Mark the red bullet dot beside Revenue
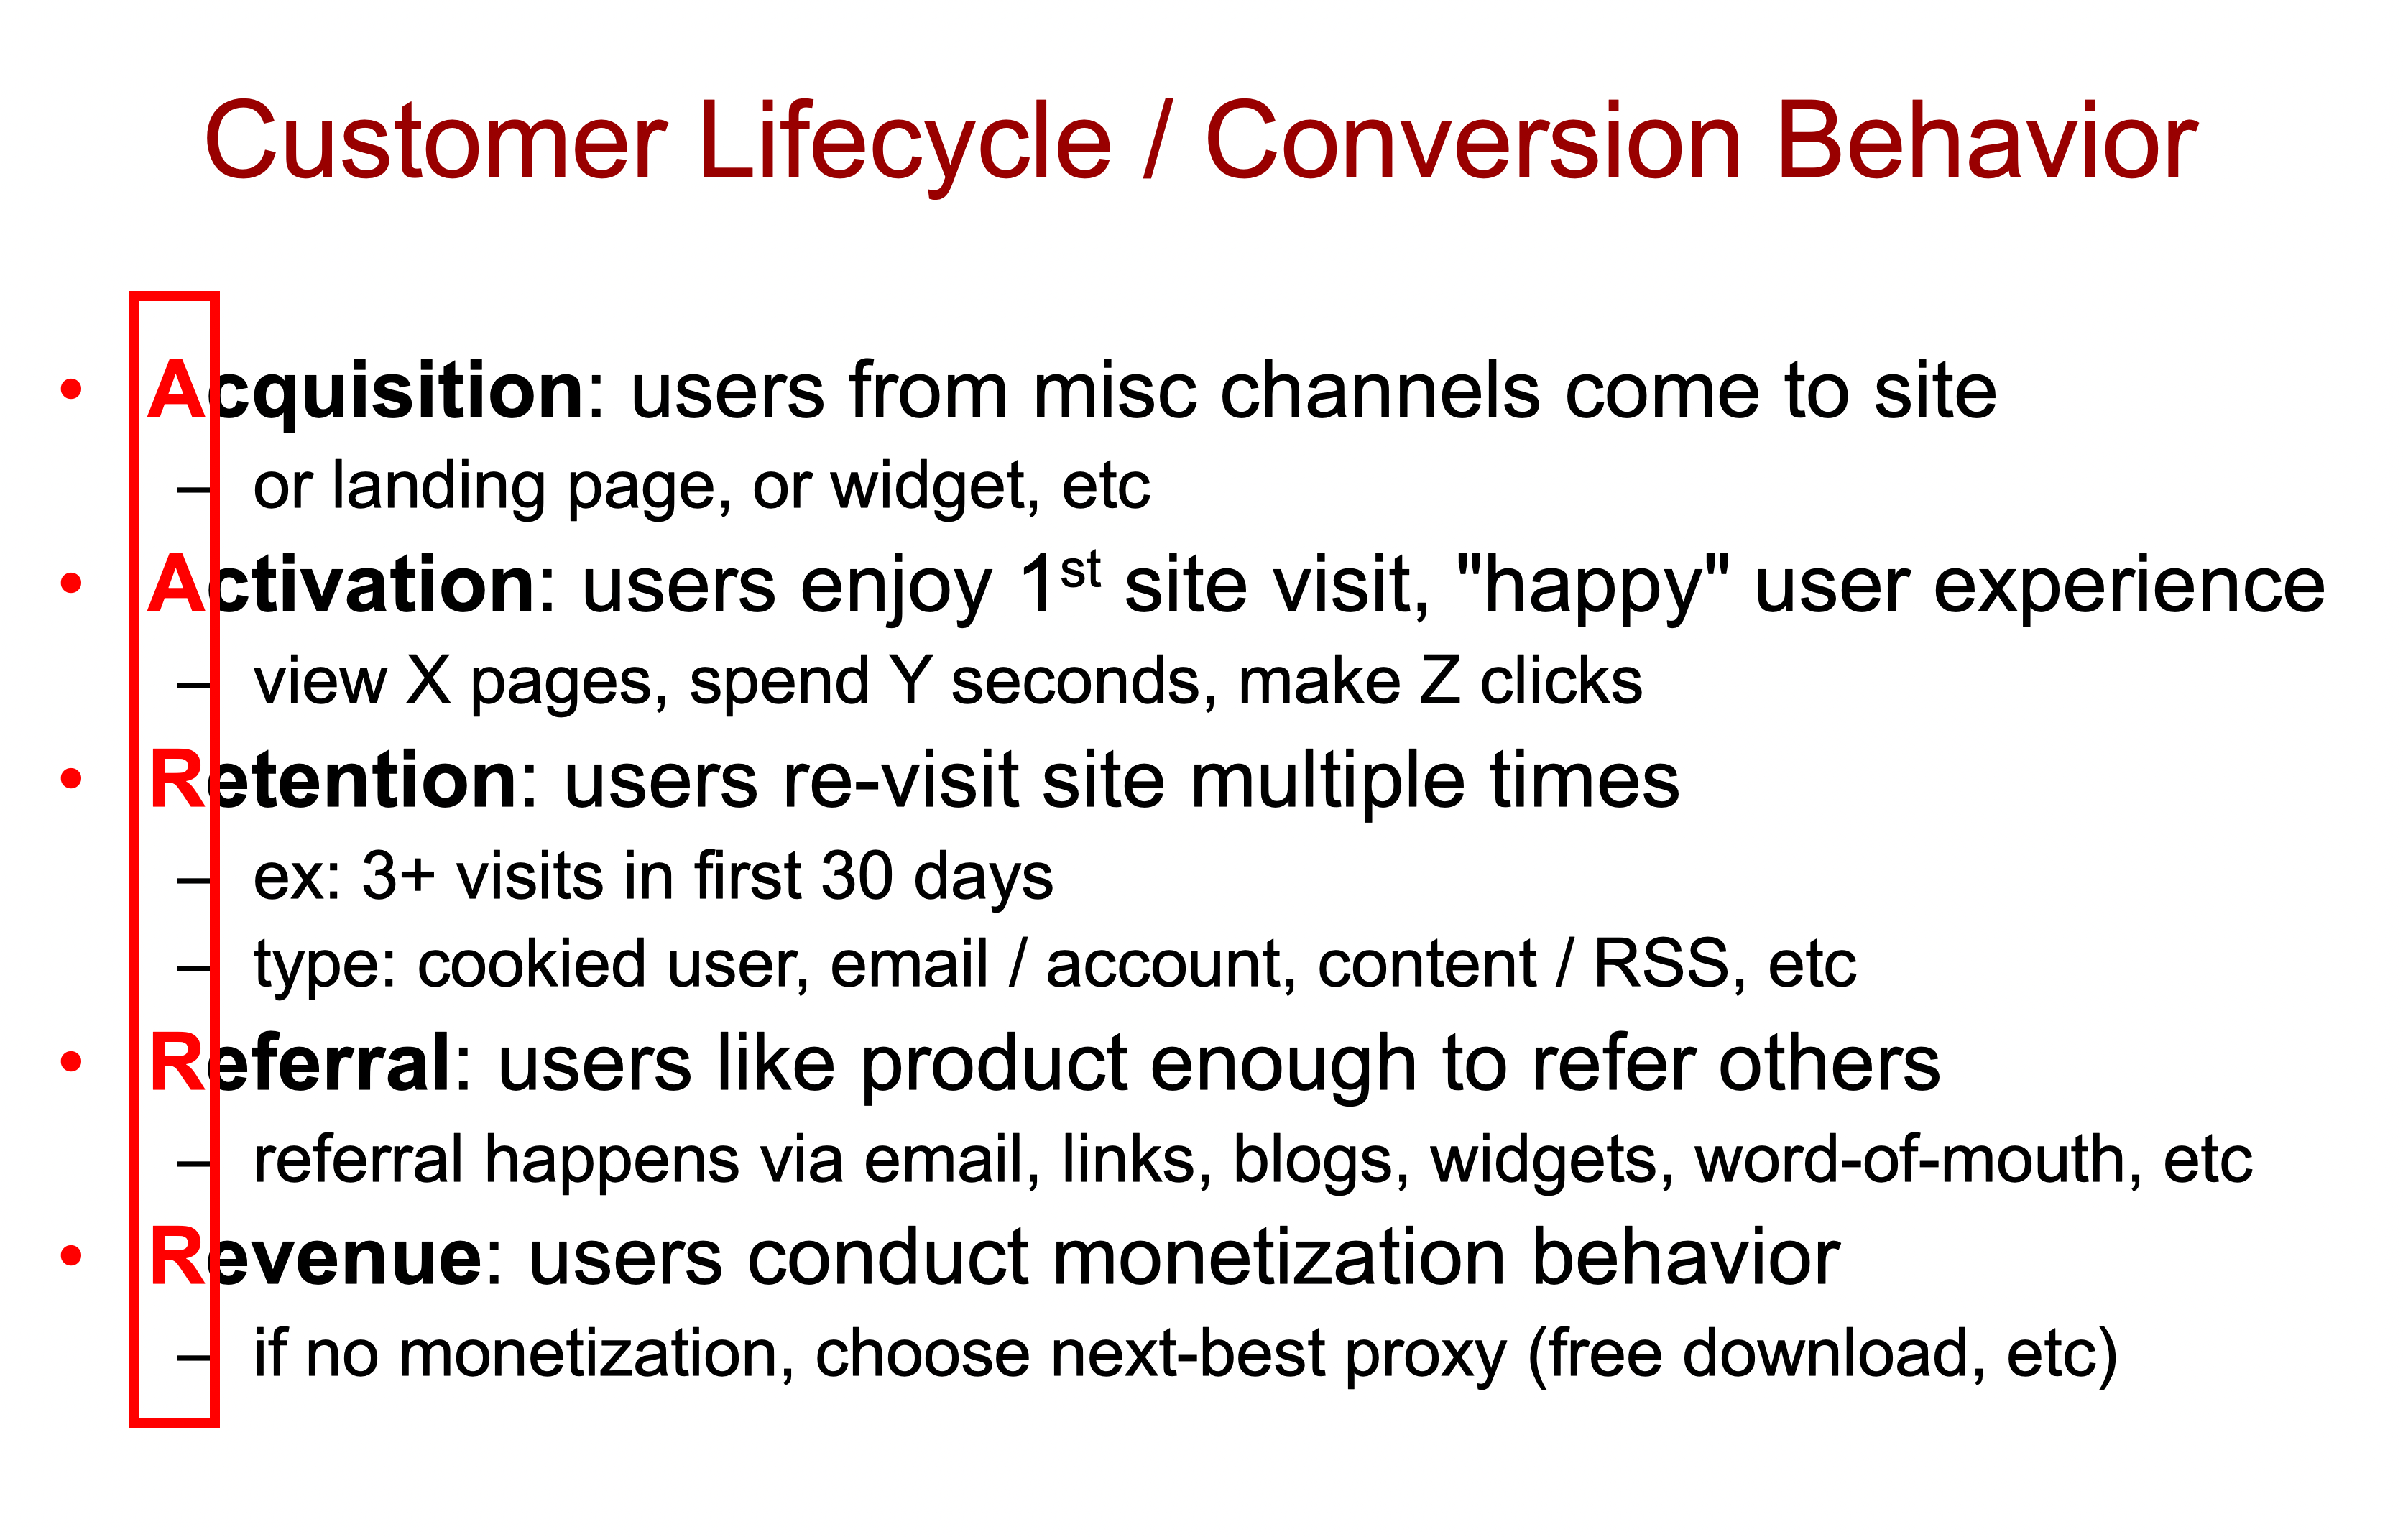click(x=71, y=1255)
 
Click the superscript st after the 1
click(x=1080, y=570)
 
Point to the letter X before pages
click(x=429, y=682)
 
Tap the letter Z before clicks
click(x=1439, y=682)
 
